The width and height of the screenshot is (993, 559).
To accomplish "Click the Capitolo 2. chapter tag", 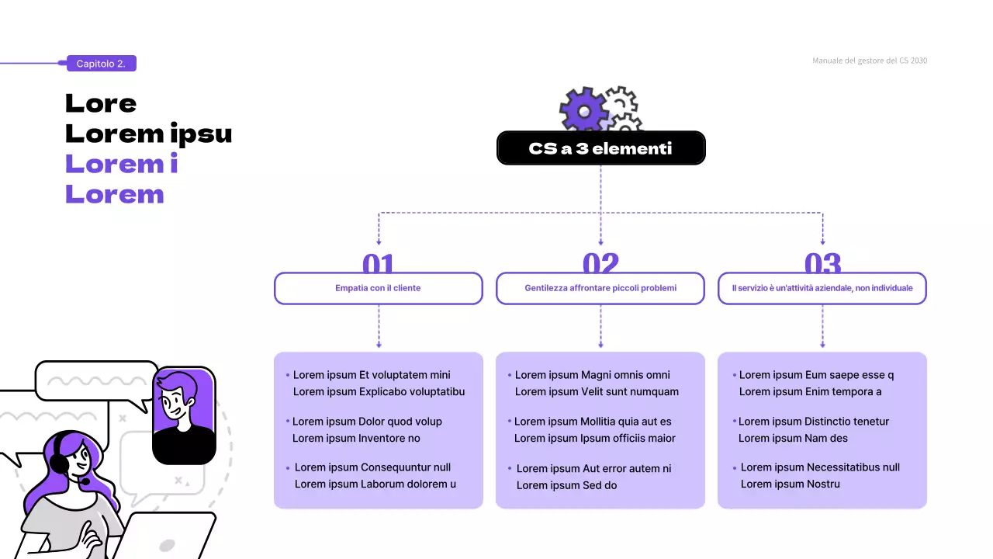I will (x=101, y=64).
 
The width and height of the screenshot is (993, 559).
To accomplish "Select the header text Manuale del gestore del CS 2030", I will (x=869, y=61).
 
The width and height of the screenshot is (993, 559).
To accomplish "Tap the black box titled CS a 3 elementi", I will (x=600, y=148).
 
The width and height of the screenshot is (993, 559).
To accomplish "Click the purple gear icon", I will (x=583, y=109).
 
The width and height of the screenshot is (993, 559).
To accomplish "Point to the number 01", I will (x=379, y=264).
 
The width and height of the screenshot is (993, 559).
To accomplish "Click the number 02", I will (x=600, y=264).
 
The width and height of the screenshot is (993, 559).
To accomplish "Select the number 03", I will (x=822, y=264).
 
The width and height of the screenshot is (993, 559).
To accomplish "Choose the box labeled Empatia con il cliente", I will (x=379, y=288).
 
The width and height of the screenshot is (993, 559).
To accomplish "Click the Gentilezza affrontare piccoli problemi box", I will (x=600, y=288).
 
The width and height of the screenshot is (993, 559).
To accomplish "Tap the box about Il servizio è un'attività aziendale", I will (x=822, y=288).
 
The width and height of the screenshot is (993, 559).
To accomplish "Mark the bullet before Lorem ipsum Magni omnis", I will (x=509, y=375).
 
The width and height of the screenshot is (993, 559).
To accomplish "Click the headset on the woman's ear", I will (x=59, y=464).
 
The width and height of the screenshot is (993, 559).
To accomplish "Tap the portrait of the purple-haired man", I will (x=184, y=415).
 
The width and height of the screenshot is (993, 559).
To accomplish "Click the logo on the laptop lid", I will (x=167, y=545).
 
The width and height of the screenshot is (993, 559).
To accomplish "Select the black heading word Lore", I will (x=101, y=103).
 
